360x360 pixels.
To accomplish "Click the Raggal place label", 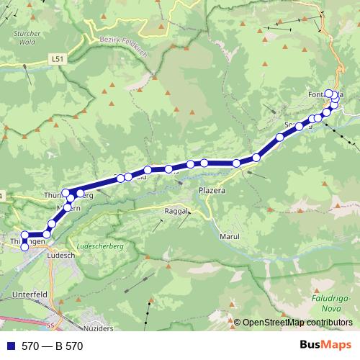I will pyautogui.click(x=177, y=212).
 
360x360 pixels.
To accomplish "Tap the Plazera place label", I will pyautogui.click(x=212, y=192).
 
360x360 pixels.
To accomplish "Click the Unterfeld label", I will pyautogui.click(x=30, y=295).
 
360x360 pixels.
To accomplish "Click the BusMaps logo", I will pyautogui.click(x=326, y=345).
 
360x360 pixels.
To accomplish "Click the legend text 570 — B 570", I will pyautogui.click(x=53, y=346).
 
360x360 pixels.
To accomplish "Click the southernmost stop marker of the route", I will pyautogui.click(x=24, y=247).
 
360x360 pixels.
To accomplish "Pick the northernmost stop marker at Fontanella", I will pyautogui.click(x=329, y=92).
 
